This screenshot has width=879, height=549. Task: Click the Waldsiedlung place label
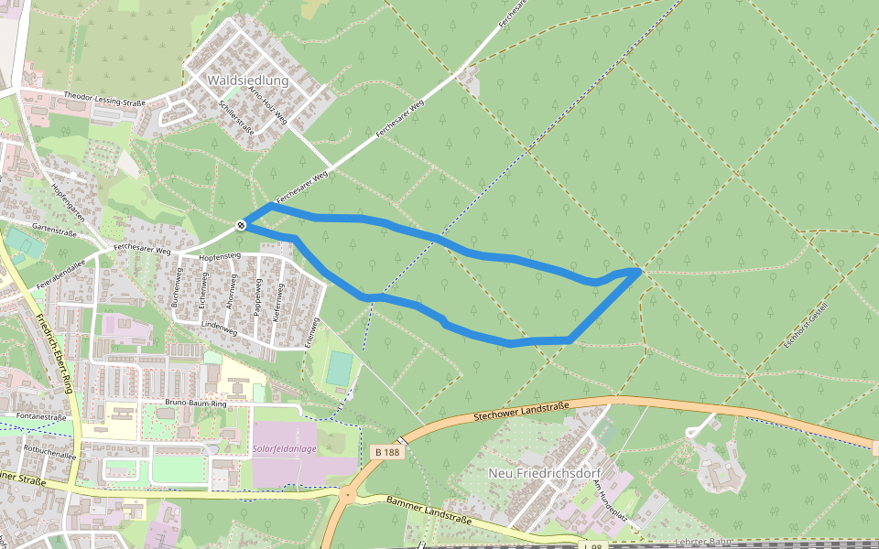coord(247,81)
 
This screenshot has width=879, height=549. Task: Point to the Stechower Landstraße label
coord(522,411)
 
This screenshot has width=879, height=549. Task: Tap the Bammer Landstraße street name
coord(429,511)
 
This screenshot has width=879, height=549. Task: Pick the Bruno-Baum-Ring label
coord(195,403)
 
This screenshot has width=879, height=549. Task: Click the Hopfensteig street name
coord(219,257)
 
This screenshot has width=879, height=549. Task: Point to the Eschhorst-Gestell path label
coord(806,325)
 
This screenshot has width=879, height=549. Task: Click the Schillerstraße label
coord(237,117)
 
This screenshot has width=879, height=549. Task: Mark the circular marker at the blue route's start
coord(241,224)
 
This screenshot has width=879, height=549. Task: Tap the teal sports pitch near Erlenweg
coord(340,369)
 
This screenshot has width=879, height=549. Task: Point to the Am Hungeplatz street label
coord(610,501)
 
